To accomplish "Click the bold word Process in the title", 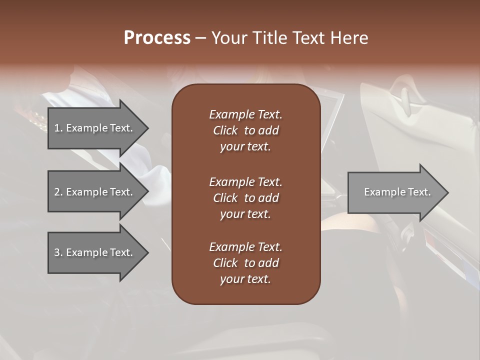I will click(157, 38).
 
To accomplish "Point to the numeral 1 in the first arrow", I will click(57, 128).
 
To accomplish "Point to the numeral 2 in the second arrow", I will click(57, 192).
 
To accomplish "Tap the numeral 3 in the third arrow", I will click(57, 252).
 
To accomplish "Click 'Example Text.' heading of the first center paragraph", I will click(245, 114).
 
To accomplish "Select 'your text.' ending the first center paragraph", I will click(245, 146).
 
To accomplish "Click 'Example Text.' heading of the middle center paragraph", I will click(245, 181).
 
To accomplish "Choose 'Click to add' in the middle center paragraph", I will click(245, 198).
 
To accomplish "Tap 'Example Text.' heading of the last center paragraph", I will click(245, 247).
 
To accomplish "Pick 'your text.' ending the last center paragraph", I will click(245, 279).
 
